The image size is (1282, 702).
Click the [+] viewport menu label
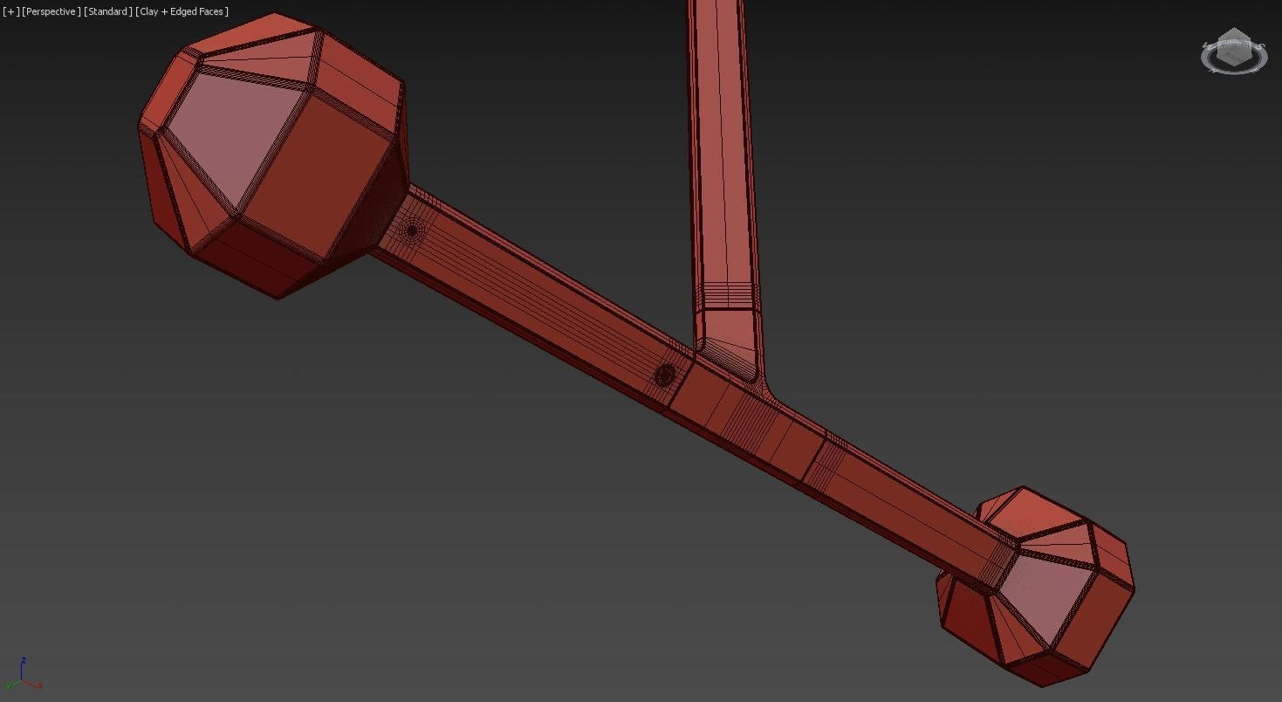point(10,11)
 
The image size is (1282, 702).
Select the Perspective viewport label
point(51,11)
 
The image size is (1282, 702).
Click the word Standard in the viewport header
point(108,11)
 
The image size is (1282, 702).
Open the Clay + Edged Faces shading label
point(182,11)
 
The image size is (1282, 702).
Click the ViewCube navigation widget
point(1233,52)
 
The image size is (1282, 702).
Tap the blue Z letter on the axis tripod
point(24,661)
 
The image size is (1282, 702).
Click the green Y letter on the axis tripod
point(10,686)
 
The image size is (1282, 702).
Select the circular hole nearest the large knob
point(412,231)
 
